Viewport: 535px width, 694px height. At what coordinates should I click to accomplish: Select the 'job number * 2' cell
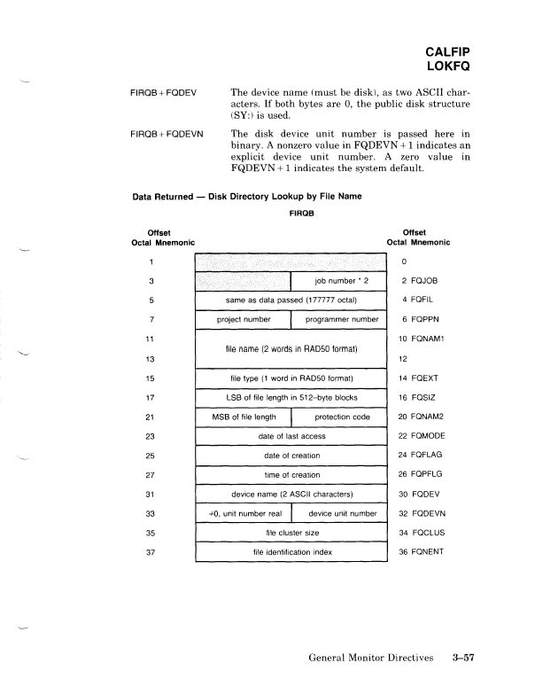click(x=339, y=281)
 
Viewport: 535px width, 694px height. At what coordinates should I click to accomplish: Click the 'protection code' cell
click(x=341, y=417)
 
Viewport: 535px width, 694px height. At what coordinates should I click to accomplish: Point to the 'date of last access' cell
click(x=291, y=437)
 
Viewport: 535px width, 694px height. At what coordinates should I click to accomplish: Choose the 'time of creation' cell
click(x=292, y=475)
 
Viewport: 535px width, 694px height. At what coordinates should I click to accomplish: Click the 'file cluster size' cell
click(x=292, y=534)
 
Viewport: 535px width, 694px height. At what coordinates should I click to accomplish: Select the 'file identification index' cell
click(x=292, y=553)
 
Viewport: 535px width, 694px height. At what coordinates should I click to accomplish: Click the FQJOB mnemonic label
click(x=431, y=281)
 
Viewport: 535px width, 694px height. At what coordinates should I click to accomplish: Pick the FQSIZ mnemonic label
click(x=430, y=398)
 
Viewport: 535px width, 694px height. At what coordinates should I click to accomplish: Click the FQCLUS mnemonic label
click(x=434, y=534)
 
